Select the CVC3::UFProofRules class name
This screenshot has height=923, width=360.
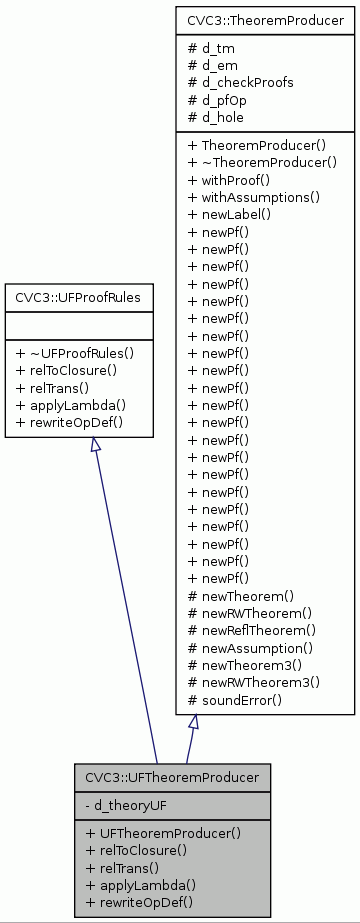pos(78,298)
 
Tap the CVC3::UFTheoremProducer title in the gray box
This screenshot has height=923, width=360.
pos(172,777)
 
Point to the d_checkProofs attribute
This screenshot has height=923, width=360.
pos(241,82)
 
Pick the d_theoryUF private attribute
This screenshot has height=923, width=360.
pos(124,804)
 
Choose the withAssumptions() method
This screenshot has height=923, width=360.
pos(254,198)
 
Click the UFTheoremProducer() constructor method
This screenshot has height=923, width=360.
pos(164,831)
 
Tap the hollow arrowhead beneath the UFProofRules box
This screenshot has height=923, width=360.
pos(96,445)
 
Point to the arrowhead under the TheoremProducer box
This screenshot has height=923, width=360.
pos(194,723)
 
